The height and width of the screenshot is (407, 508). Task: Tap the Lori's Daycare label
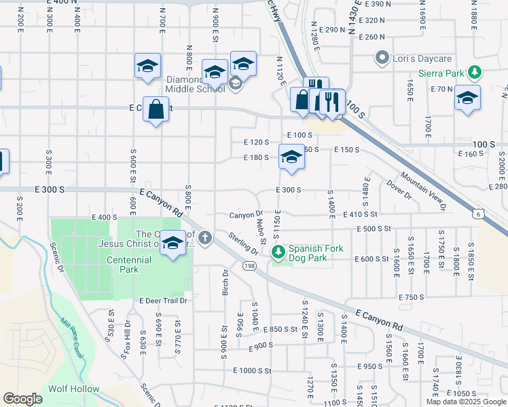pos(417,58)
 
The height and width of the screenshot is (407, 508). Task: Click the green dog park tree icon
pos(278,252)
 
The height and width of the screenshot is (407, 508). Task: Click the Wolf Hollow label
pos(73,389)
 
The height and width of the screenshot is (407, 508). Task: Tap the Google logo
pos(23,399)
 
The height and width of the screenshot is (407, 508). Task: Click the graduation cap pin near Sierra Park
pos(467,97)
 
